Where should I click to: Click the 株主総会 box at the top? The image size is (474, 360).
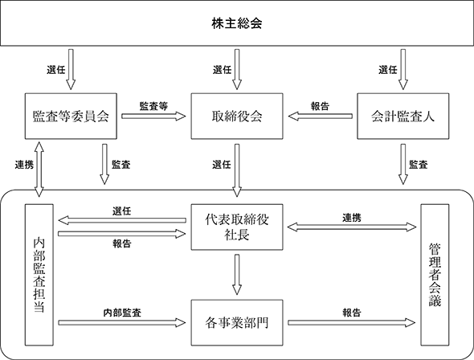(237, 23)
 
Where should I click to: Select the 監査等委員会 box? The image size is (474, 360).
(71, 116)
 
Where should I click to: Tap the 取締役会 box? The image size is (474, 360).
(237, 116)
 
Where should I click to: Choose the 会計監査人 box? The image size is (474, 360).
(403, 116)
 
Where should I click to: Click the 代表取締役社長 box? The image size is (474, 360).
(237, 227)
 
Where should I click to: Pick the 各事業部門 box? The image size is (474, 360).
(237, 322)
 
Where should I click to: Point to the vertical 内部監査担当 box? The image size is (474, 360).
(39, 275)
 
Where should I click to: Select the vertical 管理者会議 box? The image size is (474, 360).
(435, 275)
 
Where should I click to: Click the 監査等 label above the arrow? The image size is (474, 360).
(153, 106)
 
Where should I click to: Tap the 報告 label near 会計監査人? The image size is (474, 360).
(320, 106)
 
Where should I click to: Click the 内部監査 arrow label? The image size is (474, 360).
(122, 313)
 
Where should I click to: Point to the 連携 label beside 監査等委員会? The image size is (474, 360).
(24, 165)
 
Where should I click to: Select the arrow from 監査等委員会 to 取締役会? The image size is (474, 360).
(153, 116)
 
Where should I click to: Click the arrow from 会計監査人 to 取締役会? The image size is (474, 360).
(320, 116)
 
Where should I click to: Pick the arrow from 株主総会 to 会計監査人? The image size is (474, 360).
(403, 70)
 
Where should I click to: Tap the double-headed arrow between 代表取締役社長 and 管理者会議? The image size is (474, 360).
(352, 227)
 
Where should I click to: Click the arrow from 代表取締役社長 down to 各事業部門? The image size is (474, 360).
(237, 275)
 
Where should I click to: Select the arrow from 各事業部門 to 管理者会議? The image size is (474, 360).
(352, 323)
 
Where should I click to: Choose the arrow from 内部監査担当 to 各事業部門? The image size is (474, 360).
(122, 323)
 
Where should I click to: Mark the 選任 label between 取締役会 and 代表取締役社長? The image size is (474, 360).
(222, 165)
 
